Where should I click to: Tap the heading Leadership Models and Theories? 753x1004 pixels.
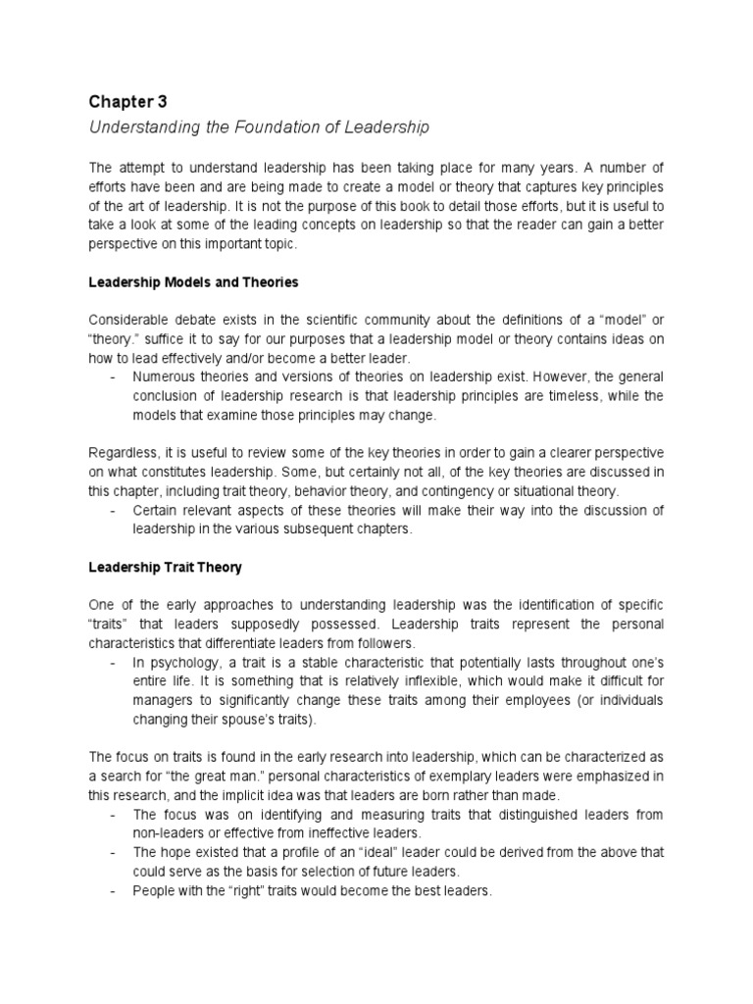click(x=193, y=282)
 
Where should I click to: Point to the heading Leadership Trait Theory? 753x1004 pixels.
click(x=166, y=568)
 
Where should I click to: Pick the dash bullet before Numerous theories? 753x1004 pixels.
click(x=116, y=377)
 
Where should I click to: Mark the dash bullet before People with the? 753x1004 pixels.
click(x=116, y=892)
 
